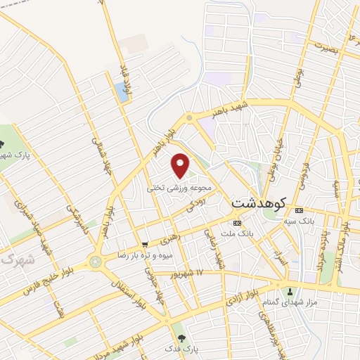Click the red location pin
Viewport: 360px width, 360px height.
[x=181, y=166]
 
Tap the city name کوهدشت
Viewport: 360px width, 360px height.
[x=257, y=202]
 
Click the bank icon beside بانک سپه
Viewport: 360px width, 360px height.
[x=300, y=210]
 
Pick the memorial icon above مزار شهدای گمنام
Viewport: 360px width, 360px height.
[x=289, y=291]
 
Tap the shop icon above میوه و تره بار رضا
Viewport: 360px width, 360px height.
[x=145, y=245]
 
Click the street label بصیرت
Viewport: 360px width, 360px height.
[x=328, y=47]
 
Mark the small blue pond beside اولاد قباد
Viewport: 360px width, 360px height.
[x=122, y=94]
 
